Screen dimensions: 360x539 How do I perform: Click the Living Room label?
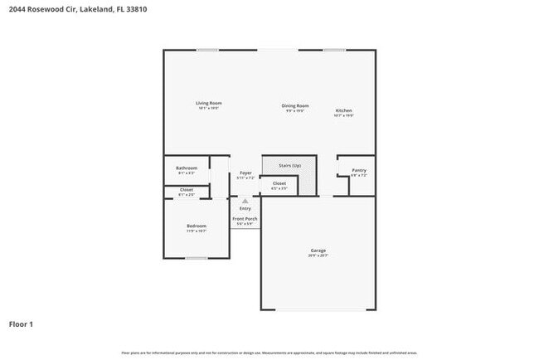[209, 104]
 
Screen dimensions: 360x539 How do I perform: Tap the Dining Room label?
[294, 105]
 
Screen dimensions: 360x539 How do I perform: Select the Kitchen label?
[344, 111]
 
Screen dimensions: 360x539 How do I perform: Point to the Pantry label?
[358, 170]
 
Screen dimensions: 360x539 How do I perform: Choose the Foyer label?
[245, 173]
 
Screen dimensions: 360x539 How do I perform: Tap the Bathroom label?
[186, 168]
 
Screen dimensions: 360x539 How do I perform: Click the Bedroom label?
[196, 226]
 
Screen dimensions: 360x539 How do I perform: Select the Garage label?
[318, 251]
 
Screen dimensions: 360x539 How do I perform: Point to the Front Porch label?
[245, 218]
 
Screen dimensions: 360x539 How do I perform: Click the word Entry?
[245, 208]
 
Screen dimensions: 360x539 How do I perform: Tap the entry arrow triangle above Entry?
[245, 200]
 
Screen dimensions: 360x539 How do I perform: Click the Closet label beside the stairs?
[279, 183]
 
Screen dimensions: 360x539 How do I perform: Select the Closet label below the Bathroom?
[187, 190]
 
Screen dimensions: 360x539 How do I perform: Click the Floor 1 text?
[22, 324]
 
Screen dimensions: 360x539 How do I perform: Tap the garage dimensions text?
[318, 255]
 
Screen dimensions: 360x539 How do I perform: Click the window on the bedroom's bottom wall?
[197, 258]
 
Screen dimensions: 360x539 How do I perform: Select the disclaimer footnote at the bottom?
[269, 353]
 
